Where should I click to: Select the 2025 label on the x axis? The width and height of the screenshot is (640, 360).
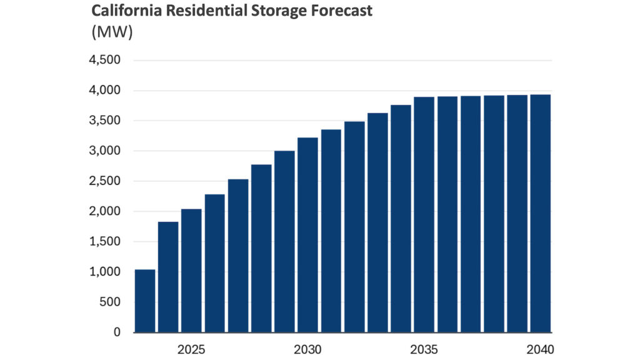point(191,348)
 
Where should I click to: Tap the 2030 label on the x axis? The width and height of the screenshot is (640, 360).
point(307,348)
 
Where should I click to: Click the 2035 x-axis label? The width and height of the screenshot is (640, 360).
point(424,348)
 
